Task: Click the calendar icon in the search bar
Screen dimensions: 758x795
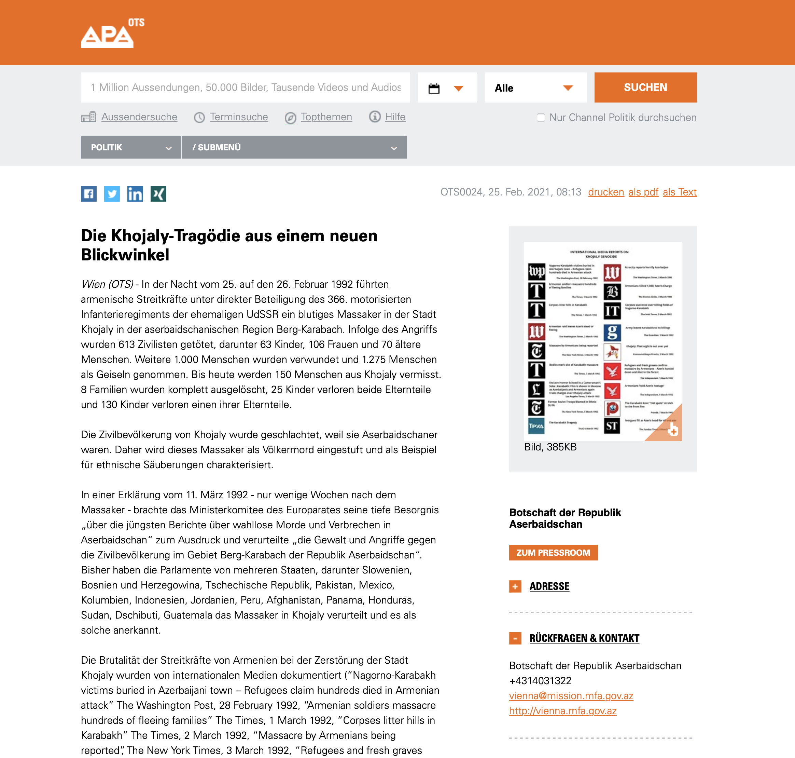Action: pyautogui.click(x=434, y=89)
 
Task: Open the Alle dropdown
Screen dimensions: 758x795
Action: pyautogui.click(x=535, y=88)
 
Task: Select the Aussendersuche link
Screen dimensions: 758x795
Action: pyautogui.click(x=139, y=117)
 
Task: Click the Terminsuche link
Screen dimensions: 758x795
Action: pyautogui.click(x=239, y=117)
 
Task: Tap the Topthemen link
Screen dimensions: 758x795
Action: pyautogui.click(x=326, y=117)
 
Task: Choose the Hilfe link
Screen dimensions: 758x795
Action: pyautogui.click(x=395, y=117)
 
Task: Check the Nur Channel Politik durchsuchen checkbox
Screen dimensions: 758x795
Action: pyautogui.click(x=541, y=118)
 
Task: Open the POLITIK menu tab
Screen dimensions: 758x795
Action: pyautogui.click(x=131, y=148)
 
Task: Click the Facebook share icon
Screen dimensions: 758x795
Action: pyautogui.click(x=89, y=194)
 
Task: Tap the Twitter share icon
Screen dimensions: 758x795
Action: pyautogui.click(x=112, y=194)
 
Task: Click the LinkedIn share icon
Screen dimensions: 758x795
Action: pyautogui.click(x=135, y=194)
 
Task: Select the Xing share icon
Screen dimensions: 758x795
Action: pyautogui.click(x=158, y=194)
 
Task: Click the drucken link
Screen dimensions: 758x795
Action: pyautogui.click(x=605, y=192)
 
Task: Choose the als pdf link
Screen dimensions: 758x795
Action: pyautogui.click(x=643, y=192)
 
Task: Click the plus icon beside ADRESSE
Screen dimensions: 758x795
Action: pyautogui.click(x=515, y=586)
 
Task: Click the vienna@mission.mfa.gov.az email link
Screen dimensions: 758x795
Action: pyautogui.click(x=571, y=696)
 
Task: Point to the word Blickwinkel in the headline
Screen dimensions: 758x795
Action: pyautogui.click(x=125, y=255)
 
